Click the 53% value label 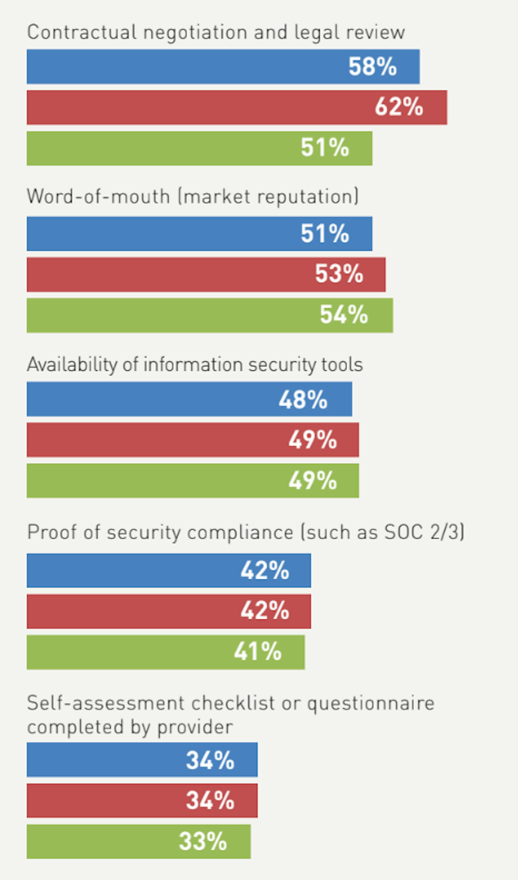[x=339, y=274]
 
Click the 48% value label [x=303, y=399]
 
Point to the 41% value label [x=257, y=652]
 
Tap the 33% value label [x=203, y=841]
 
